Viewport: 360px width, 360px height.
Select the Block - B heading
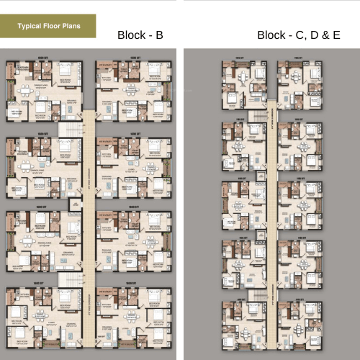coord(140,35)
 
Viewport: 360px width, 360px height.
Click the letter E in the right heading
coord(336,35)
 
